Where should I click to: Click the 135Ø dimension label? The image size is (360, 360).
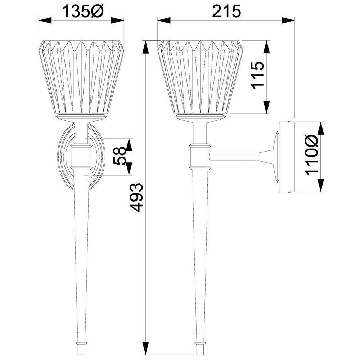coord(83,11)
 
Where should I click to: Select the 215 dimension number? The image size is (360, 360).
coord(226,11)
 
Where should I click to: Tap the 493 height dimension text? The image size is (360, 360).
coord(136,197)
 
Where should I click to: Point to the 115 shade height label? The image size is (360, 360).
coord(257,75)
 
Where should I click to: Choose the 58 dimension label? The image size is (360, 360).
coord(120,156)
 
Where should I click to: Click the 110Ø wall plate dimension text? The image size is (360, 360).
coord(311,155)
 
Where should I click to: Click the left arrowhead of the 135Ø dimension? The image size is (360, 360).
coord(45,20)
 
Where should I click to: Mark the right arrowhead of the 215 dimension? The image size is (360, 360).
coord(288,20)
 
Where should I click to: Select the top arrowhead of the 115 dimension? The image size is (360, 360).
coord(266,47)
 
